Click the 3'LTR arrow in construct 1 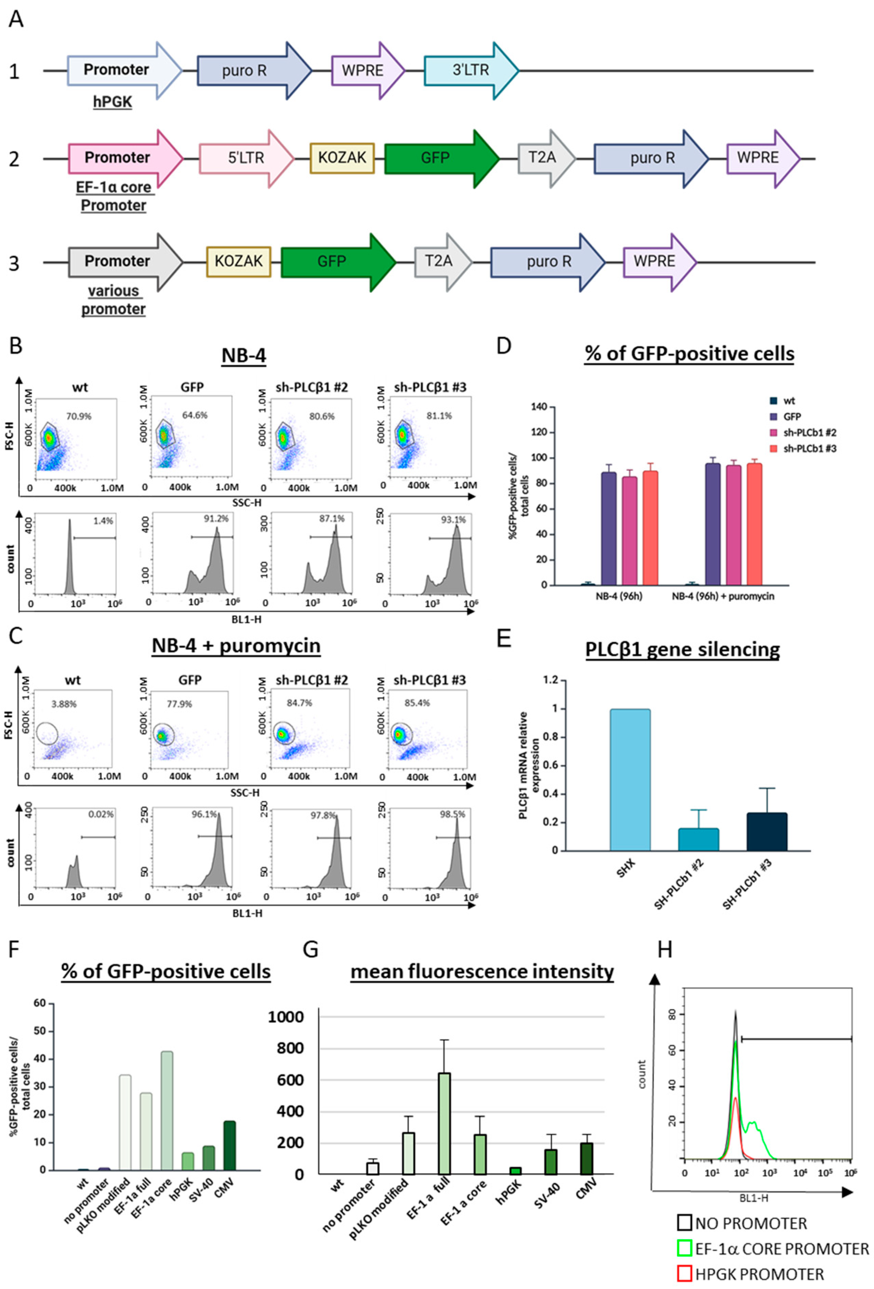(x=470, y=71)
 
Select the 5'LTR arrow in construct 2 (x=246, y=158)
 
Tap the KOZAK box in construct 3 (x=238, y=261)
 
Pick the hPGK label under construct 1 (x=113, y=102)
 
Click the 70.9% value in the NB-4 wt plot (x=79, y=416)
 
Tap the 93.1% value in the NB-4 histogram (x=453, y=520)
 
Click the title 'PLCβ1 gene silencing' (x=682, y=649)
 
